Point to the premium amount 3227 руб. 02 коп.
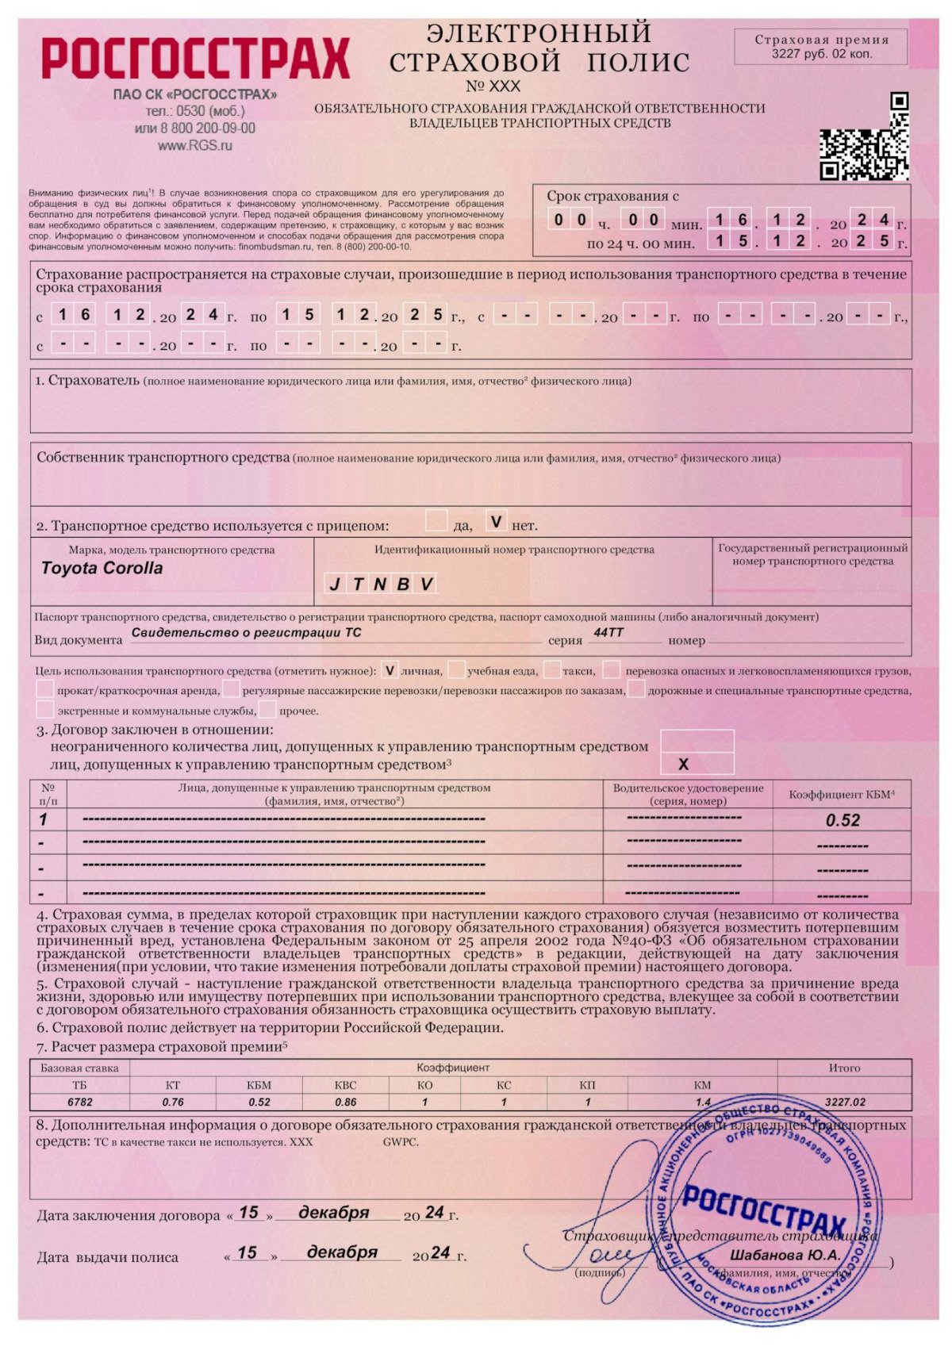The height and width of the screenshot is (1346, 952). pyautogui.click(x=821, y=55)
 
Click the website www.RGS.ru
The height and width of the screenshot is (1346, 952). pyautogui.click(x=194, y=145)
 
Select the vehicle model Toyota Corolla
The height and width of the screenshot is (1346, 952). pyautogui.click(x=102, y=568)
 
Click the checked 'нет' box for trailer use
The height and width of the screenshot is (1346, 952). pyautogui.click(x=496, y=522)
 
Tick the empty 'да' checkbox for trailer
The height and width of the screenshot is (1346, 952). pyautogui.click(x=436, y=521)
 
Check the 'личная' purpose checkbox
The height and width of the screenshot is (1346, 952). pyautogui.click(x=390, y=670)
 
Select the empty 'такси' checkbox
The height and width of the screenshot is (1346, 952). pyautogui.click(x=552, y=670)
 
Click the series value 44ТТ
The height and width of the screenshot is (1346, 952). pyautogui.click(x=608, y=633)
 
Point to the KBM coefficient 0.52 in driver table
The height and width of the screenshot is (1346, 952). pyautogui.click(x=843, y=821)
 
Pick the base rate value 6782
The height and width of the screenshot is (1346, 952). pyautogui.click(x=79, y=1102)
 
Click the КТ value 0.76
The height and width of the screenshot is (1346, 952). pyautogui.click(x=172, y=1102)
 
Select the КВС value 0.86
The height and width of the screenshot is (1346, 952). pyautogui.click(x=345, y=1102)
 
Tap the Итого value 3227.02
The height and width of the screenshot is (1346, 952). pyautogui.click(x=845, y=1102)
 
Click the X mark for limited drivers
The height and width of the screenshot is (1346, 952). pyautogui.click(x=683, y=765)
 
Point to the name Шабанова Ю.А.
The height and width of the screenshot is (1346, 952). pyautogui.click(x=785, y=1256)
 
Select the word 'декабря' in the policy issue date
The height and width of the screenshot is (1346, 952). pyautogui.click(x=342, y=1252)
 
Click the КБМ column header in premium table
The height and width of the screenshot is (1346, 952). pyautogui.click(x=259, y=1085)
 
